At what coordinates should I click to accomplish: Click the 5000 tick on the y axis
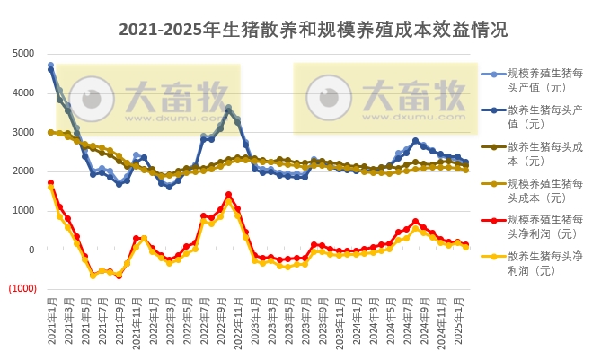[23, 53]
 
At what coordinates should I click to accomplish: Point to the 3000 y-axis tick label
[23, 132]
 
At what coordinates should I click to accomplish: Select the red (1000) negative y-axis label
[22, 289]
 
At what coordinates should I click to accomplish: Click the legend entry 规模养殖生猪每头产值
[539, 80]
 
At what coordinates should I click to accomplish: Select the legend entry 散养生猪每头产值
[539, 117]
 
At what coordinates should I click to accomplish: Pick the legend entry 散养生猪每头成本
[539, 154]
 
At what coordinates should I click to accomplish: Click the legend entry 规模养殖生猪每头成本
[539, 190]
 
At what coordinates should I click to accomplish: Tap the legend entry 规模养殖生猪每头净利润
[539, 226]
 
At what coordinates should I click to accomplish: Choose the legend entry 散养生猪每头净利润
[539, 262]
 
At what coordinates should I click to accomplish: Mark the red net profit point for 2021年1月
[51, 182]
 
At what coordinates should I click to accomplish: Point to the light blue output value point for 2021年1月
[51, 66]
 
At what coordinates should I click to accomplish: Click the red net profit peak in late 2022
[229, 194]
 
